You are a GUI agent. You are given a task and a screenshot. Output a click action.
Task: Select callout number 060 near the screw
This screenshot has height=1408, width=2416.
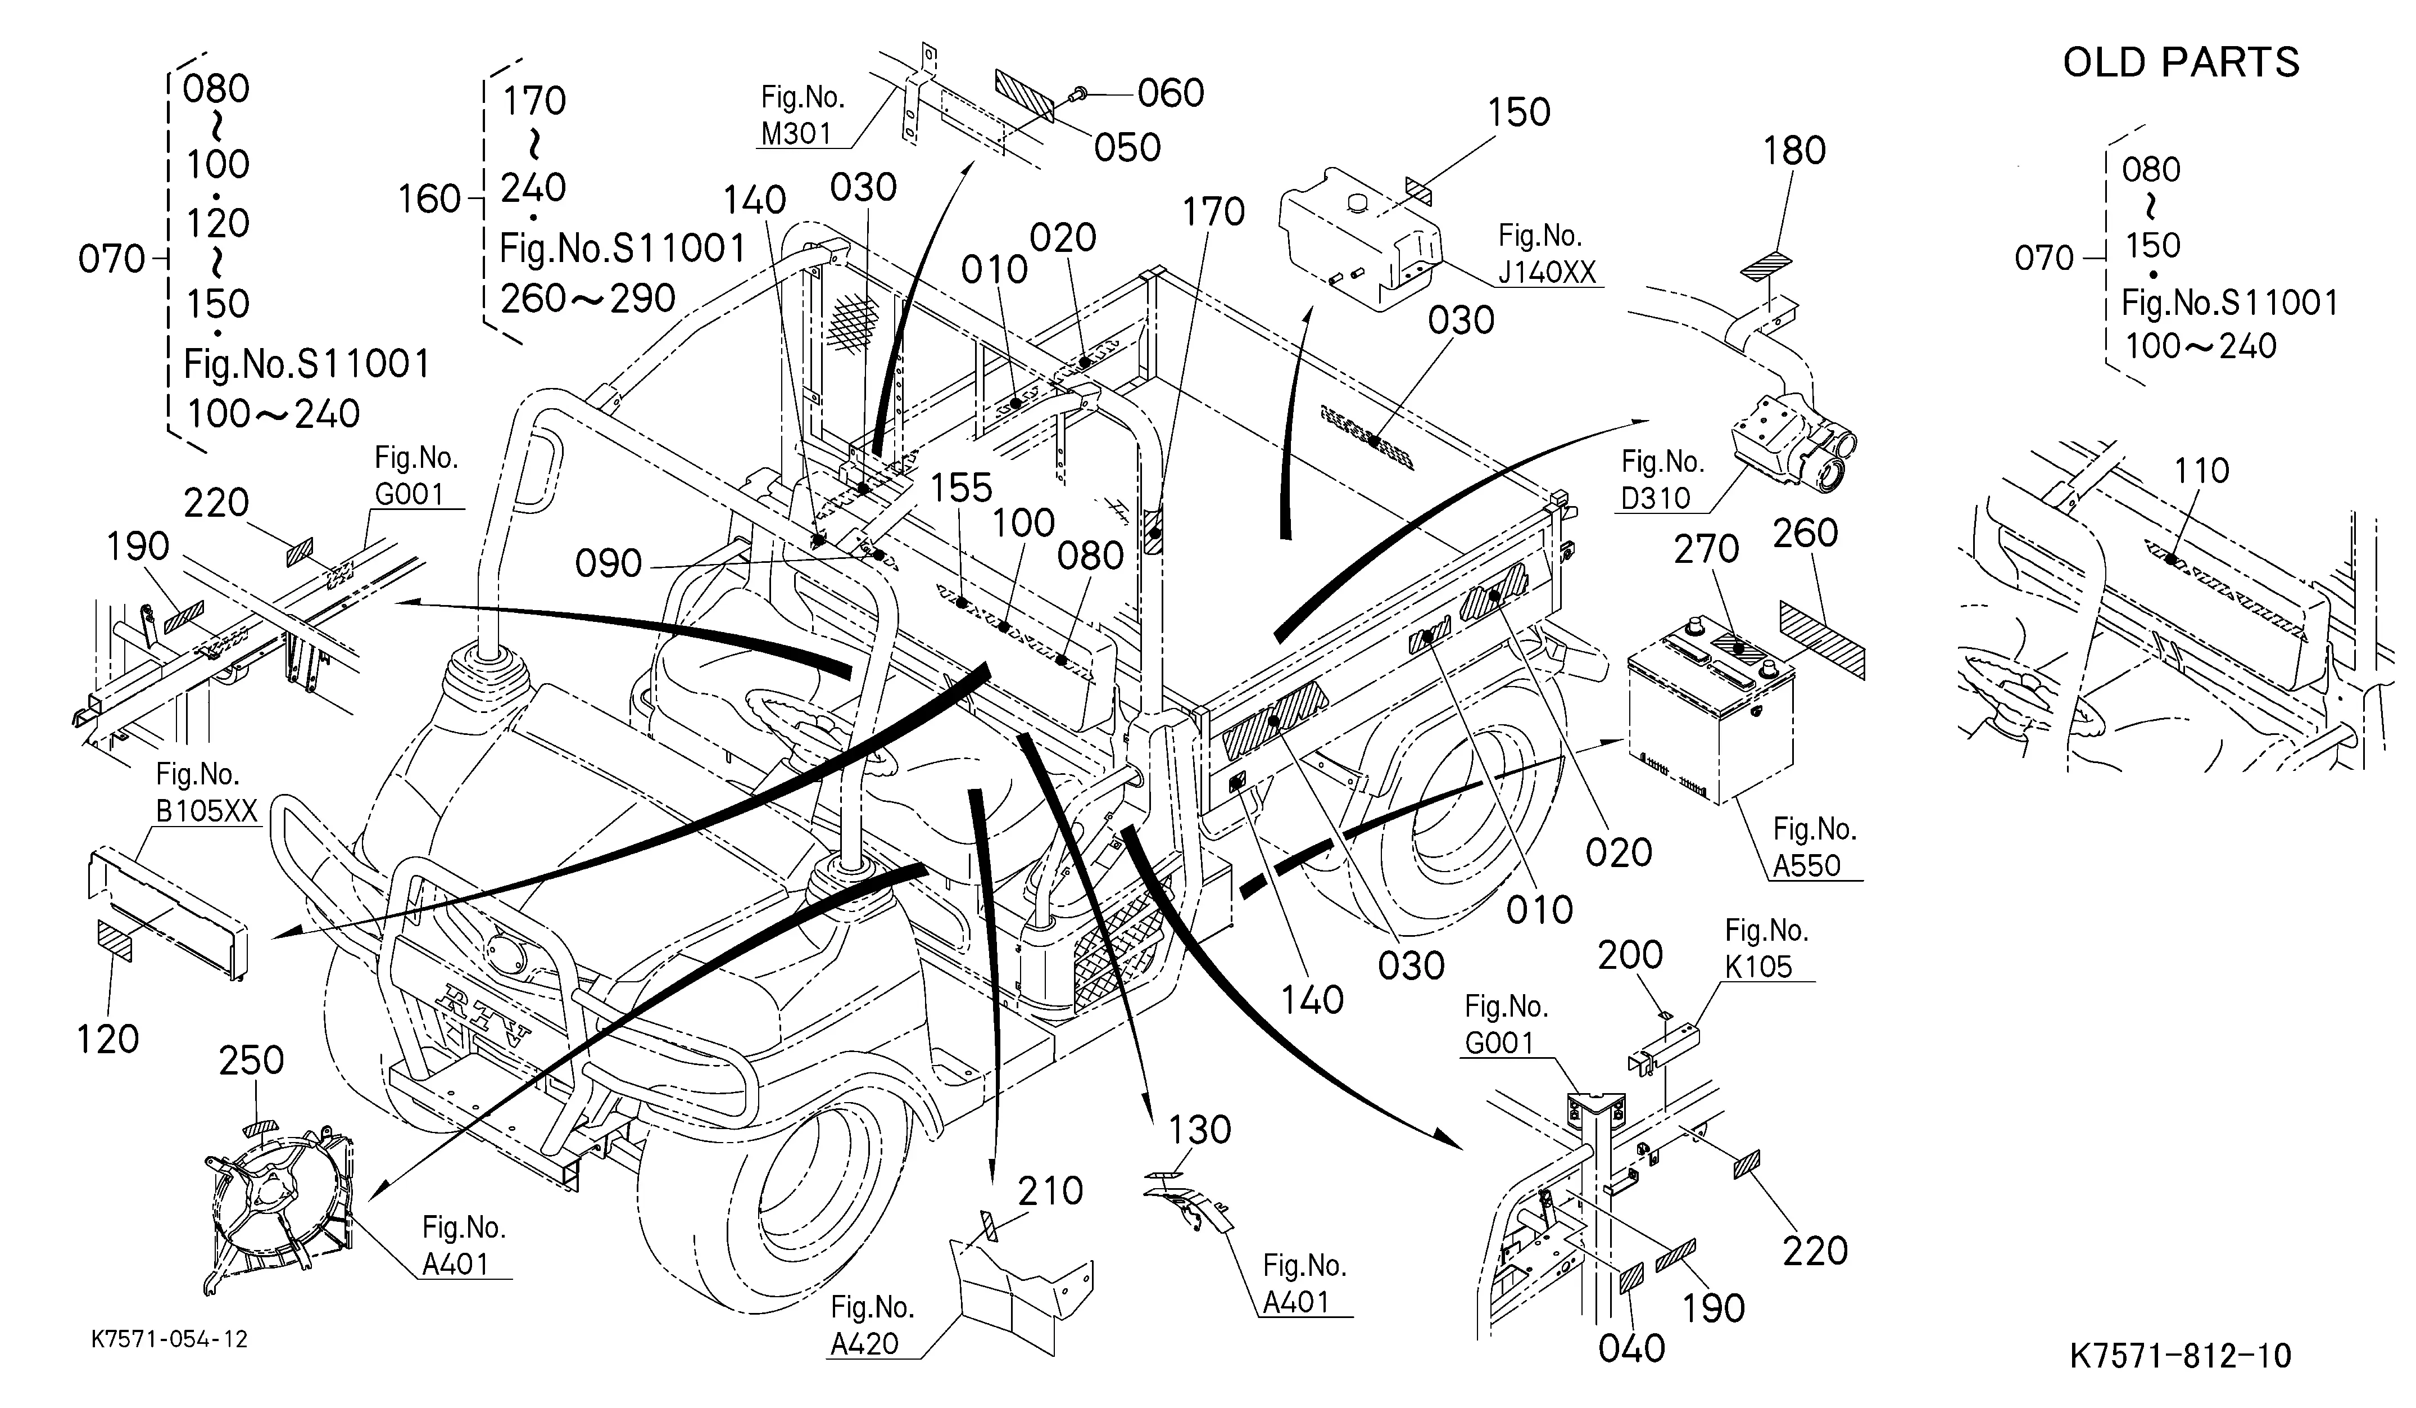[1171, 93]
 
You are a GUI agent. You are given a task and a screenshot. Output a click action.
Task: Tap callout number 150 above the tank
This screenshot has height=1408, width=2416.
[1519, 112]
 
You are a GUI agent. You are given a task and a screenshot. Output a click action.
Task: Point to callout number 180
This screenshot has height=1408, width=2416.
[1795, 151]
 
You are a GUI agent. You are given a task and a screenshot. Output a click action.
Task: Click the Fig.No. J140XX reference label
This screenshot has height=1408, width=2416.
[1547, 254]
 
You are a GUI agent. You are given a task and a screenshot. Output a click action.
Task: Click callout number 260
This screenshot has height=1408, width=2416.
[1805, 533]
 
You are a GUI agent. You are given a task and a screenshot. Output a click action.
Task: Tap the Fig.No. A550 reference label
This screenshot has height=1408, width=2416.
[1814, 847]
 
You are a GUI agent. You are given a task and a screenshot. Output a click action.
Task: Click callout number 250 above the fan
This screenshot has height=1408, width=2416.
[251, 1061]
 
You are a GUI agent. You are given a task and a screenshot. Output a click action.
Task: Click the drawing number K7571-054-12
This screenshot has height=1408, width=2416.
[170, 1339]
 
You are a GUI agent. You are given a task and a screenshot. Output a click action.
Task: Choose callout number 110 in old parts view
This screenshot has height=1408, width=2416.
[2201, 471]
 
